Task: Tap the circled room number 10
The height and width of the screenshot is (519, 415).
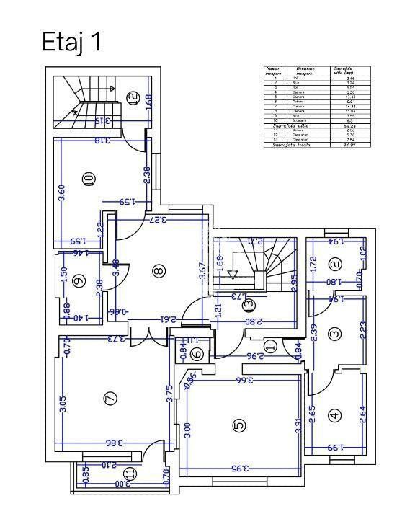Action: (x=89, y=179)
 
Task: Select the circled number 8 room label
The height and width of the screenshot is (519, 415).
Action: (x=159, y=271)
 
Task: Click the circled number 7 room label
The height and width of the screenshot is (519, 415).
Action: (x=110, y=397)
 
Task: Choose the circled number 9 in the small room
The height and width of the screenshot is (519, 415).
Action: (x=79, y=282)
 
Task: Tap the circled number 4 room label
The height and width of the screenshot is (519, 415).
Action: (x=334, y=415)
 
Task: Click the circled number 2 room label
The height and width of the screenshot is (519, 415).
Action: (x=335, y=265)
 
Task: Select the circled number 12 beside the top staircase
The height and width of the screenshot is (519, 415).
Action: (x=132, y=98)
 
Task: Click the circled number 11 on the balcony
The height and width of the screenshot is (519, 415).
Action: (x=130, y=474)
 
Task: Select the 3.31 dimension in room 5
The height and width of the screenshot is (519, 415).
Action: (x=297, y=425)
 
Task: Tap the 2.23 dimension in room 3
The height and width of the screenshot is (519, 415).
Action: (x=362, y=330)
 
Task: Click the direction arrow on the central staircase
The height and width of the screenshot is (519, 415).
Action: (x=233, y=272)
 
